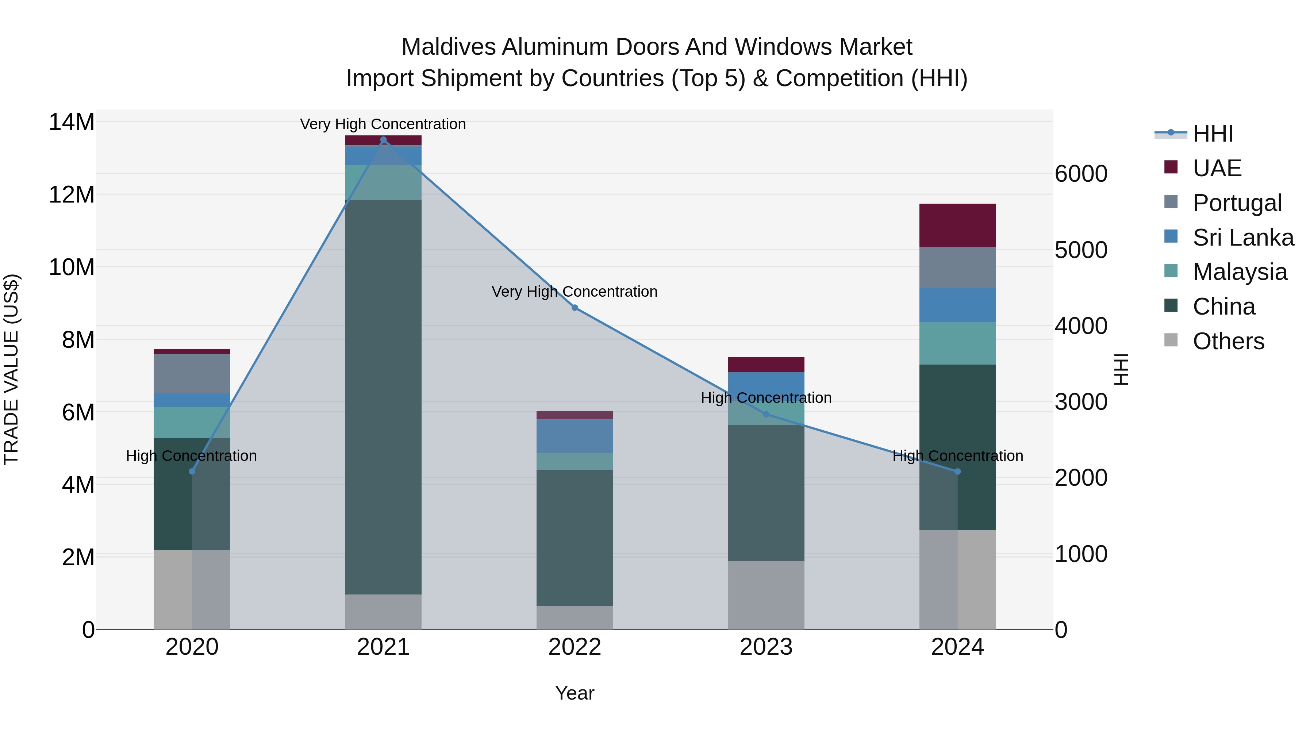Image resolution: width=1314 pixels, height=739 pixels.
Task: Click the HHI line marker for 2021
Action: click(383, 140)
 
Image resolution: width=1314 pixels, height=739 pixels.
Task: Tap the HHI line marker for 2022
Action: click(575, 308)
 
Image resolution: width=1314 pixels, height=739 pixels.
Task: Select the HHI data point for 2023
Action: click(766, 414)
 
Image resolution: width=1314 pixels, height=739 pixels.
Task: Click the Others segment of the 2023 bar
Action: click(766, 595)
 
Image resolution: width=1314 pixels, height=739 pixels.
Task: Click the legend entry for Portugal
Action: click(1237, 203)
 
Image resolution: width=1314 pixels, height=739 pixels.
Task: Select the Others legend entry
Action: click(1228, 341)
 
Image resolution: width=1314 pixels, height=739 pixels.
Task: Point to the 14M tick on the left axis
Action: click(72, 122)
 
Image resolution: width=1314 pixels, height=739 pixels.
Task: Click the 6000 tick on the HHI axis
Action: click(1081, 174)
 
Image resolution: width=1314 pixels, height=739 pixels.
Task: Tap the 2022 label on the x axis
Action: click(575, 647)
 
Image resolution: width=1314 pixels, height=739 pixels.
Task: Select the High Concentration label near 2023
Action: click(766, 397)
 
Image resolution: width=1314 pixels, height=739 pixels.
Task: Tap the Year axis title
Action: click(575, 693)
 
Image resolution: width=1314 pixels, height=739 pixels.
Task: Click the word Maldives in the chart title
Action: click(448, 47)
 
